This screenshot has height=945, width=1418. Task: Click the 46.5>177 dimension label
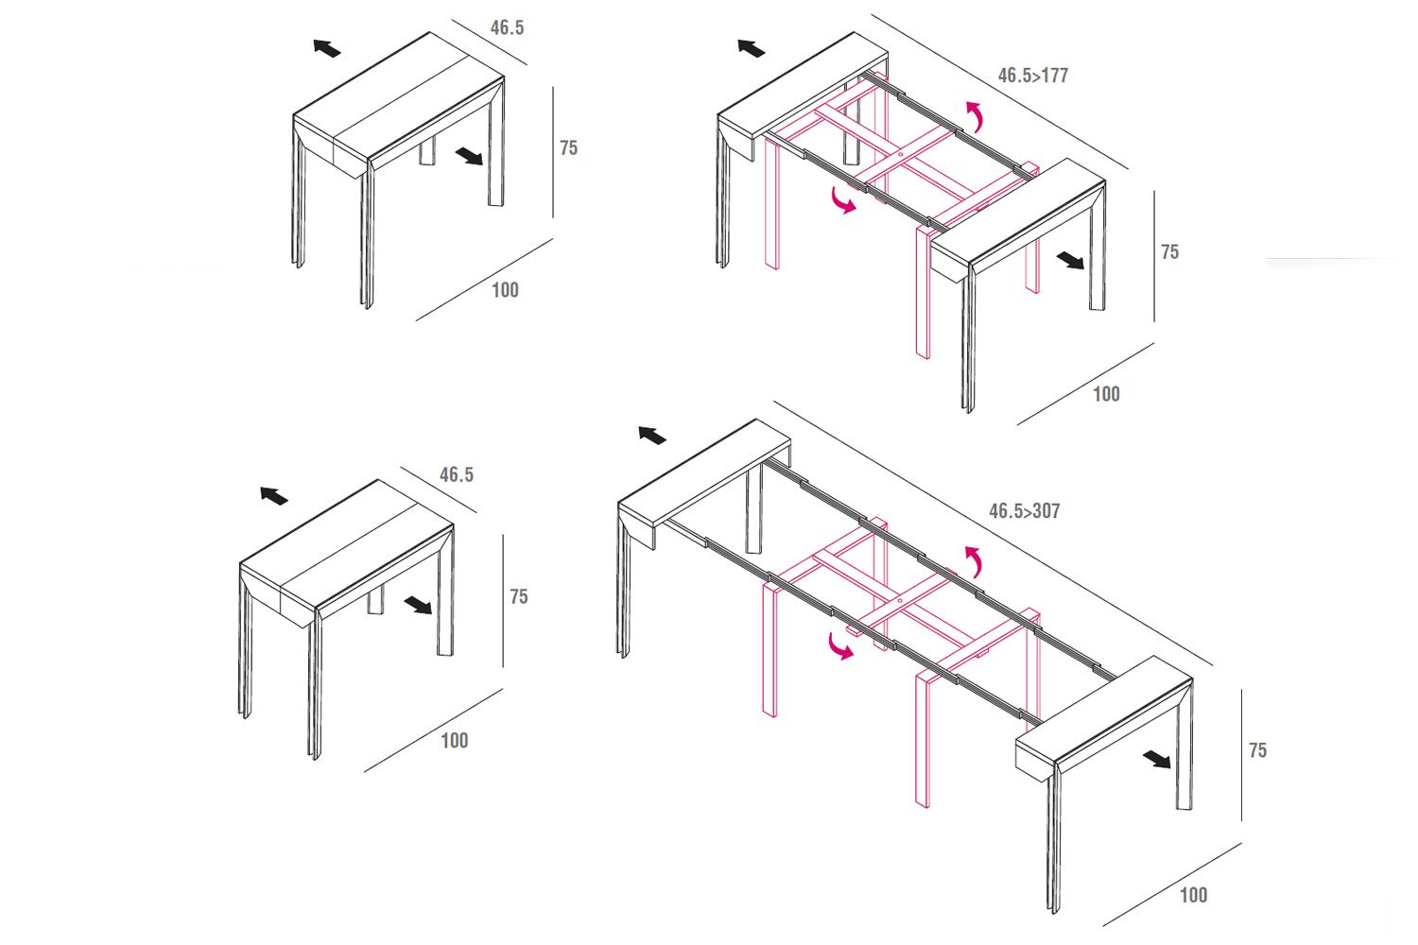[1032, 76]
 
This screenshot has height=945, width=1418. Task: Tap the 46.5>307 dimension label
[1024, 511]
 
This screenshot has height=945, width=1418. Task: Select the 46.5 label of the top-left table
[507, 27]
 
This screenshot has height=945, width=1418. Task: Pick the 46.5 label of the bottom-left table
[457, 474]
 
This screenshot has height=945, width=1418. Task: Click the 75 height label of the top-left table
[568, 147]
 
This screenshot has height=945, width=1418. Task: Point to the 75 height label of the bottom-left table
[518, 596]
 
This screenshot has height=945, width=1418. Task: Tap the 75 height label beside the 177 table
[1169, 251]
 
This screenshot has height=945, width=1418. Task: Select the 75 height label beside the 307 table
[1257, 750]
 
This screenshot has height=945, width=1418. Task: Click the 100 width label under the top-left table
[505, 290]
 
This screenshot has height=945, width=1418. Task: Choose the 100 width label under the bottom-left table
[455, 740]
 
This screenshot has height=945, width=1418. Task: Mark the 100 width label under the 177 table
[1106, 394]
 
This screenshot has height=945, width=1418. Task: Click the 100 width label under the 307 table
[1193, 895]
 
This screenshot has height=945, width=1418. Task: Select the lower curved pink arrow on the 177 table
[841, 200]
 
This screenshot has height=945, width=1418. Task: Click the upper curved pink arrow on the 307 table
[973, 561]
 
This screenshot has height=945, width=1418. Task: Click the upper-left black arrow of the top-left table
[327, 48]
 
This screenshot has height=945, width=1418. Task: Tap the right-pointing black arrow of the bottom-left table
[417, 605]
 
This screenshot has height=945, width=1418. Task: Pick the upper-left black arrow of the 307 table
[651, 435]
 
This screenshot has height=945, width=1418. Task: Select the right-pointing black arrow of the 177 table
[1070, 260]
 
